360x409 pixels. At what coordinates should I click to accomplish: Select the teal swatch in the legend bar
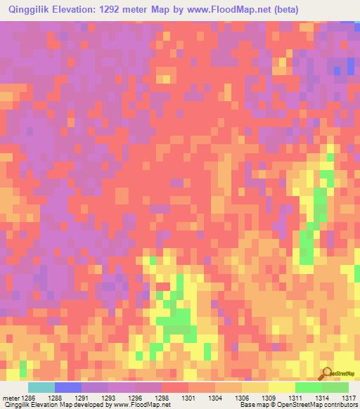(41, 387)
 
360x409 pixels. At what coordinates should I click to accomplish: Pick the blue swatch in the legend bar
(68, 387)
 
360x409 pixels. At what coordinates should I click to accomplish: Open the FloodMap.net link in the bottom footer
(143, 405)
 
